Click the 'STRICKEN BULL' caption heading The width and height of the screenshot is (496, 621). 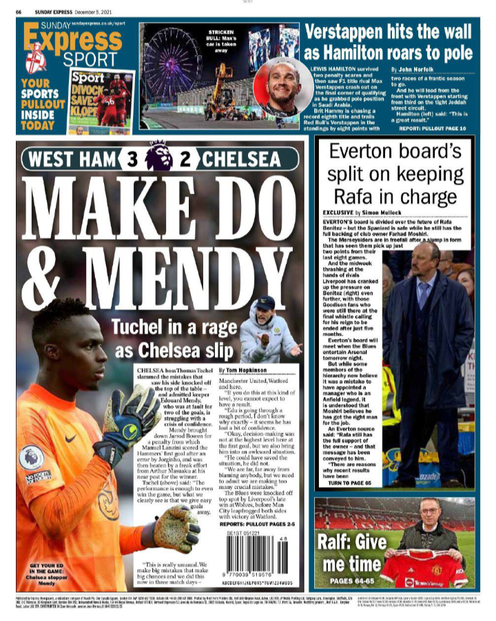coord(220,34)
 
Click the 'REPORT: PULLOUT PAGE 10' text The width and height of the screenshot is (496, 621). coord(433,128)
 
